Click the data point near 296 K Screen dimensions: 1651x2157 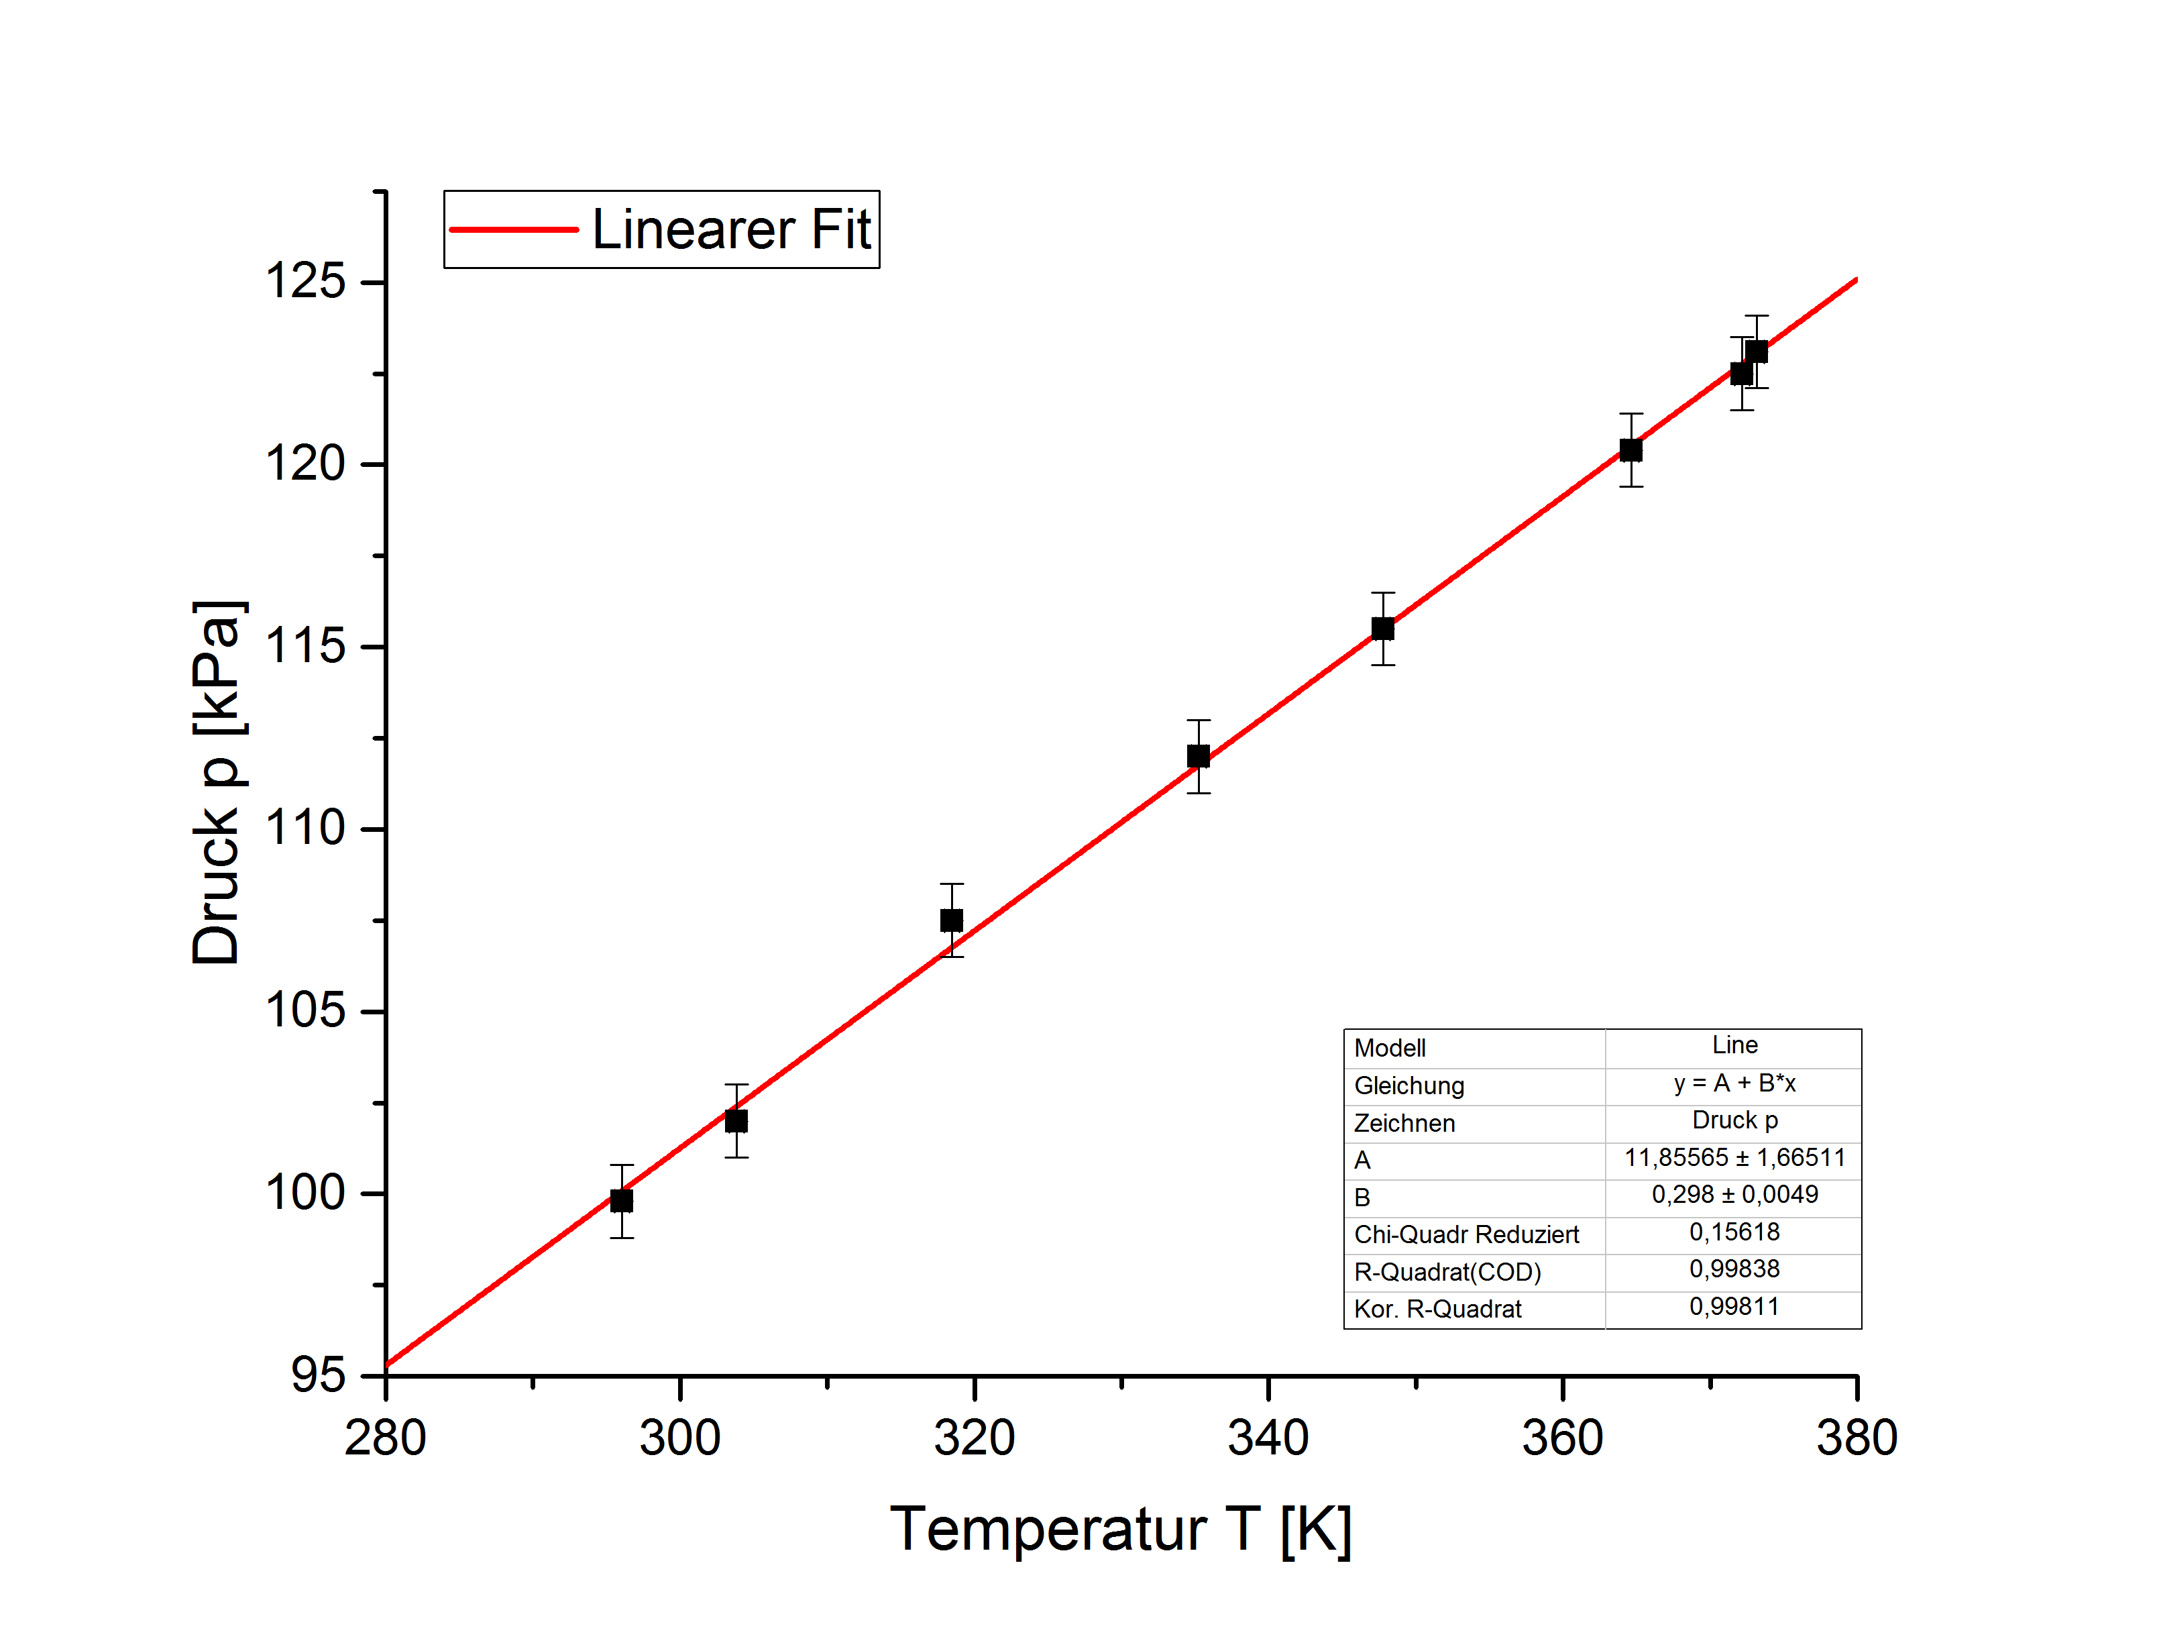[621, 1200]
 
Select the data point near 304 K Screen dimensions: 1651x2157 [736, 1120]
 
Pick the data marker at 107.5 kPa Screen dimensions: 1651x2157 [951, 920]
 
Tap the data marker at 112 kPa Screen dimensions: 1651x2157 [1197, 755]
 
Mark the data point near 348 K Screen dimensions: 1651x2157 [1382, 628]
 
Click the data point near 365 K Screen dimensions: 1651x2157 [1630, 450]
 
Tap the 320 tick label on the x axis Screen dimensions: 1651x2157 [973, 1438]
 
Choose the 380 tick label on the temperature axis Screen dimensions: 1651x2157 [1855, 1438]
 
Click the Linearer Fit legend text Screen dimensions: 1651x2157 [731, 230]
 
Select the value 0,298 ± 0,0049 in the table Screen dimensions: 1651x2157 [1734, 1194]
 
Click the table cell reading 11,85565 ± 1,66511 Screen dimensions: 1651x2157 [1734, 1158]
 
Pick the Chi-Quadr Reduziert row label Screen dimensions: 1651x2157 [1465, 1234]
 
